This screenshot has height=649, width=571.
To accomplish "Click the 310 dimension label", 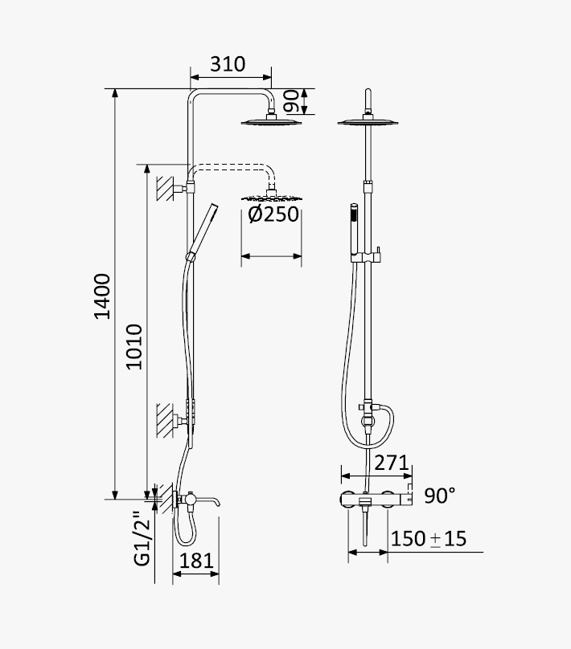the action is click(x=228, y=64).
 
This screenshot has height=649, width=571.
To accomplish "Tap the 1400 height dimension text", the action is click(x=102, y=296).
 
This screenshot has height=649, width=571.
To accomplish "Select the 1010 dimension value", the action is click(x=134, y=347).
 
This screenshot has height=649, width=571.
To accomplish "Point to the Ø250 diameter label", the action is click(x=273, y=214).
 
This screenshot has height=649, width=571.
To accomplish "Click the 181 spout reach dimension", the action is click(x=196, y=561).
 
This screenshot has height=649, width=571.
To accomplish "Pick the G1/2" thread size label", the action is click(x=142, y=538).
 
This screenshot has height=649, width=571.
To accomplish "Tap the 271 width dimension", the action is click(x=391, y=463).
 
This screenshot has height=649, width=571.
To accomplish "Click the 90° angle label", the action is click(x=440, y=496).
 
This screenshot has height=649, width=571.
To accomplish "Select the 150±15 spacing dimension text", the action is click(x=429, y=538).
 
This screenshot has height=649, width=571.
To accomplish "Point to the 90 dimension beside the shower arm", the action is click(x=292, y=101).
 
